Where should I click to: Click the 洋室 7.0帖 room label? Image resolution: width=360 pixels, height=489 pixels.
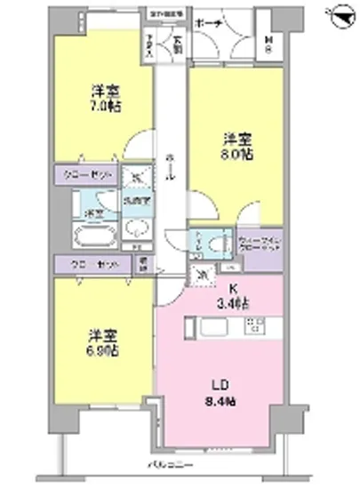pos(105,99)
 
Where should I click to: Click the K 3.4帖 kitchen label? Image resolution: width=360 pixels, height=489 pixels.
pos(235,296)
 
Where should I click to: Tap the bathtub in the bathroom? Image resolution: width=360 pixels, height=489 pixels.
pos(92,238)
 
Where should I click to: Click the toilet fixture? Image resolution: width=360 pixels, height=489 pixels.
pos(203,241)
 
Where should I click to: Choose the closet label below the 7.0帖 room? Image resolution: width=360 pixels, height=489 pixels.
pos(86,174)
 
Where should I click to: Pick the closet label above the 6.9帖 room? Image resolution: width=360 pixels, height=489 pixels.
pos(86,263)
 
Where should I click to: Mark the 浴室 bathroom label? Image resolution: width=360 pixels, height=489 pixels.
pos(91,212)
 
